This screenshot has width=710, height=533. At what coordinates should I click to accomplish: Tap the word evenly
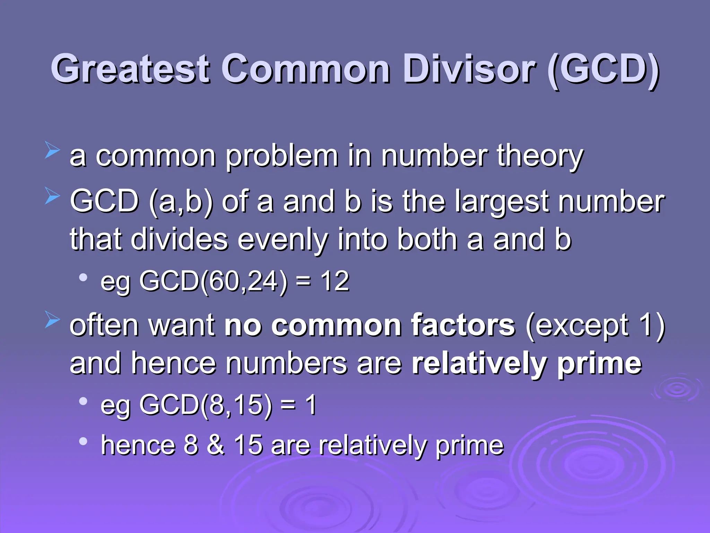(283, 240)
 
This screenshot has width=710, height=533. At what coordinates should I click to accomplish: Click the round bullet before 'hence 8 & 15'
(83, 441)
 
